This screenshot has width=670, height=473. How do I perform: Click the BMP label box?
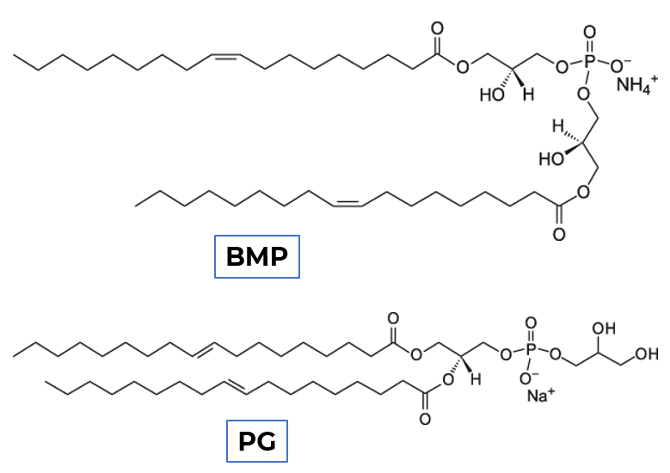256,257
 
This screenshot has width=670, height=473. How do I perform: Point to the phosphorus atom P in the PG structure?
530,353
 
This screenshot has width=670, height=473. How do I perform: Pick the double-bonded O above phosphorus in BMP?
589,33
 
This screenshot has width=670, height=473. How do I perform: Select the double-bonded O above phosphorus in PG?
530,323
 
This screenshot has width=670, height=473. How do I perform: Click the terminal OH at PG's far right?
647,353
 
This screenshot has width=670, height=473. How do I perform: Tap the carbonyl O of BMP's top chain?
437,34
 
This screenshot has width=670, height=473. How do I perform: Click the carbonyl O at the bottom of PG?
424,421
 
